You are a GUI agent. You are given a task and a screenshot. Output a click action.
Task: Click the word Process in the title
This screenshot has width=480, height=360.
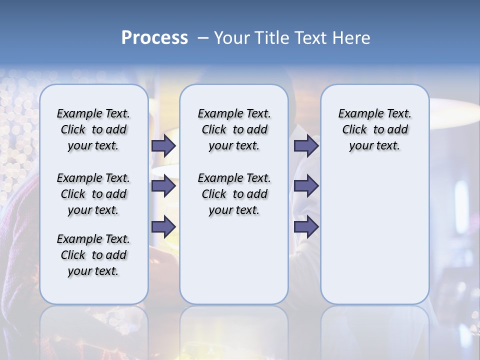[x=154, y=37]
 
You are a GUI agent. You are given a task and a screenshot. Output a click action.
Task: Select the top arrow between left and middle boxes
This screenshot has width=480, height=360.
[x=163, y=145]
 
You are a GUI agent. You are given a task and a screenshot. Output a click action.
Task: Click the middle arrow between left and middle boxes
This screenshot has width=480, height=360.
[x=163, y=186]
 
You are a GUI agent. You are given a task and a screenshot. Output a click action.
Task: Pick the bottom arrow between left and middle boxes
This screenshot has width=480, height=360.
[x=163, y=226]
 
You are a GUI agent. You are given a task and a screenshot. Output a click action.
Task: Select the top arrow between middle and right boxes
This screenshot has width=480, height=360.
[x=306, y=145]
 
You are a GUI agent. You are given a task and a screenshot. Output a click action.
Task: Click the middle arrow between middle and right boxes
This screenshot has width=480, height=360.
[x=306, y=186]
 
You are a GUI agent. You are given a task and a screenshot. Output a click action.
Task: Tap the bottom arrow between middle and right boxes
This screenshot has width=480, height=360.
[x=306, y=226]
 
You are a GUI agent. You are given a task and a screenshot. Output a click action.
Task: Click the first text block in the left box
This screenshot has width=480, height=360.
[x=93, y=129]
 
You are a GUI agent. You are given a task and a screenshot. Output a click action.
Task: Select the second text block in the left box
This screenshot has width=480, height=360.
[x=93, y=194]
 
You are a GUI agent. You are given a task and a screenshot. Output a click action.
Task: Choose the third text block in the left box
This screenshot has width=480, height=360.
[x=93, y=255]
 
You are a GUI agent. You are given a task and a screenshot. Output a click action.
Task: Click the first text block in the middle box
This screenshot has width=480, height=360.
[x=234, y=129]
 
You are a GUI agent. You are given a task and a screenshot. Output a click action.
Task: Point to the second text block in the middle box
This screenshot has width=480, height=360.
[x=234, y=194]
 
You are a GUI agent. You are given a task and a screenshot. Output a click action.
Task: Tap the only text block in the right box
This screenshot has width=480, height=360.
[x=374, y=129]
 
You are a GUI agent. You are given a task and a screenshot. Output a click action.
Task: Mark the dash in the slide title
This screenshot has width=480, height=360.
[x=203, y=37]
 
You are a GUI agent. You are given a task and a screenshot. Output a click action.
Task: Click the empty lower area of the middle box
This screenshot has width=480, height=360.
[x=234, y=260]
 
